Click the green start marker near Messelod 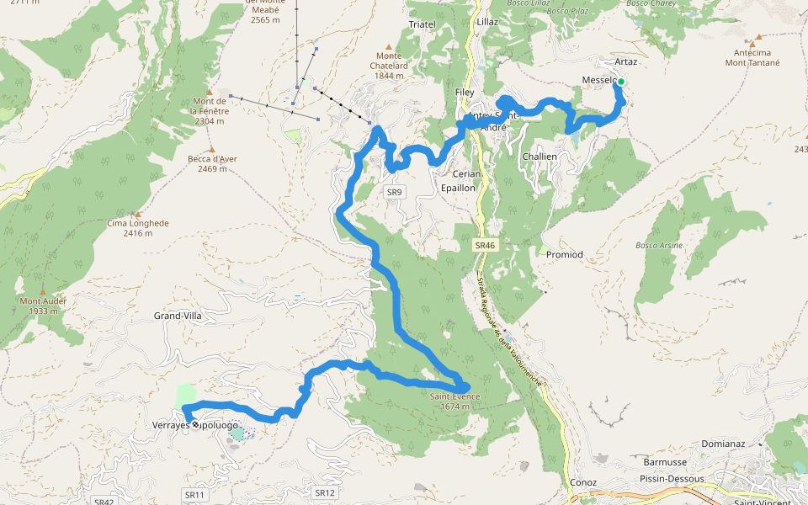click(x=621, y=82)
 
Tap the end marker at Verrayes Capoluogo click(x=195, y=425)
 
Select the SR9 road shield click(x=394, y=193)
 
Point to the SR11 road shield click(x=194, y=495)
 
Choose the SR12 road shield click(x=324, y=492)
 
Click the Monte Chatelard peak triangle click(x=388, y=46)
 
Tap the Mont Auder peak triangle click(x=42, y=290)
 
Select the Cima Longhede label click(x=138, y=223)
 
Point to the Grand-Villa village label click(x=178, y=316)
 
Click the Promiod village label click(x=564, y=254)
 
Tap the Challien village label click(x=540, y=157)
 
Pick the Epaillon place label click(x=459, y=188)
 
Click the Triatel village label click(x=422, y=24)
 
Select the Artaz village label click(x=625, y=62)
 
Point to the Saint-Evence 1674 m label click(x=454, y=401)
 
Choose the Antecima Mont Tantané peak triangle click(x=758, y=37)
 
